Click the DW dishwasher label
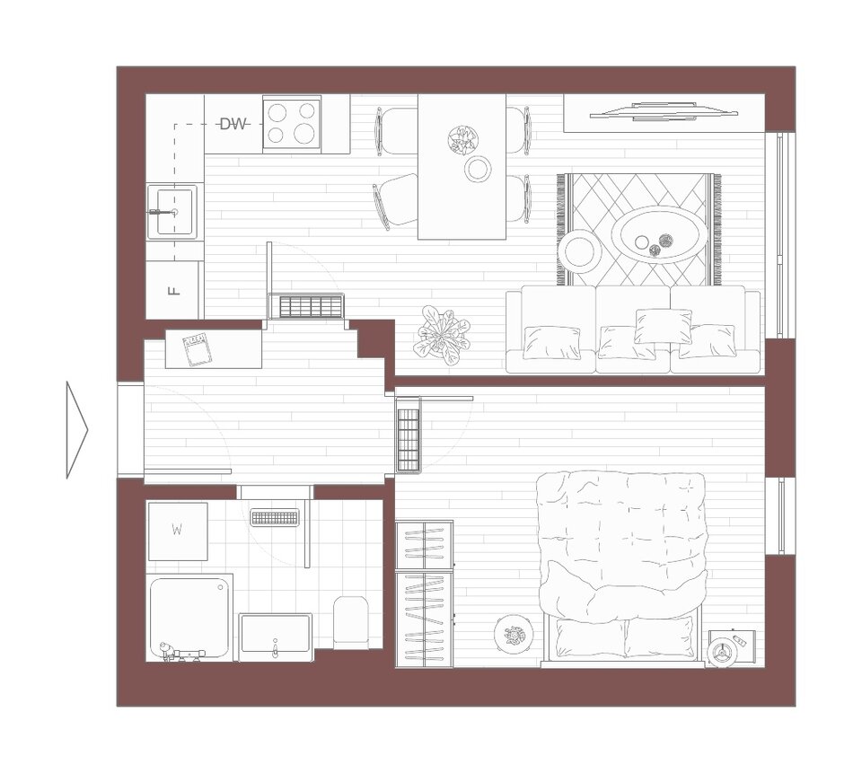pyautogui.click(x=233, y=124)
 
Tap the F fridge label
pyautogui.click(x=173, y=290)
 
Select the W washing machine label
pyautogui.click(x=177, y=530)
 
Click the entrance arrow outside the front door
pyautogui.click(x=77, y=429)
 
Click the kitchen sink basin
pyautogui.click(x=172, y=212)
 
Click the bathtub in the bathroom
pyautogui.click(x=190, y=618)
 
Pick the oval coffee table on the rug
pyautogui.click(x=661, y=234)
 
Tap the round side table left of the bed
pyautogui.click(x=514, y=636)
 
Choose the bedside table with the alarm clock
pyautogui.click(x=732, y=648)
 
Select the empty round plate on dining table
pyautogui.click(x=478, y=169)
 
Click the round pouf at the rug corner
pyautogui.click(x=580, y=251)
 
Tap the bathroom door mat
pyautogui.click(x=275, y=517)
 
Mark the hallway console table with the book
pyautogui.click(x=214, y=348)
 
